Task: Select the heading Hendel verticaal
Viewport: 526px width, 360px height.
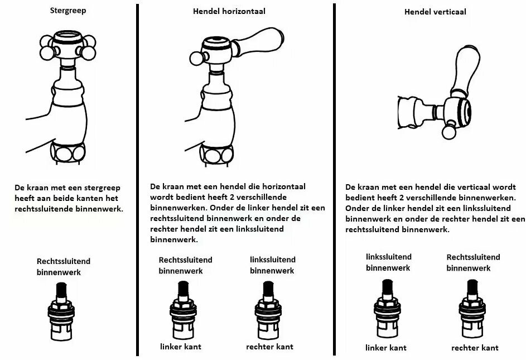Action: (435, 11)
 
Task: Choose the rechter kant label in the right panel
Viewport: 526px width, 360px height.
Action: (475, 348)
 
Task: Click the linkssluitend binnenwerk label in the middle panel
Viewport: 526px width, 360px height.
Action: (272, 265)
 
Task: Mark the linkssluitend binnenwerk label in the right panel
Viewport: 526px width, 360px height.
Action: (389, 262)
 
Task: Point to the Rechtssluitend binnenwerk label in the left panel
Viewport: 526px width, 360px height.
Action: (63, 266)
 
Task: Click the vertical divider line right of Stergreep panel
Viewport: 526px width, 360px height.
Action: (137, 179)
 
